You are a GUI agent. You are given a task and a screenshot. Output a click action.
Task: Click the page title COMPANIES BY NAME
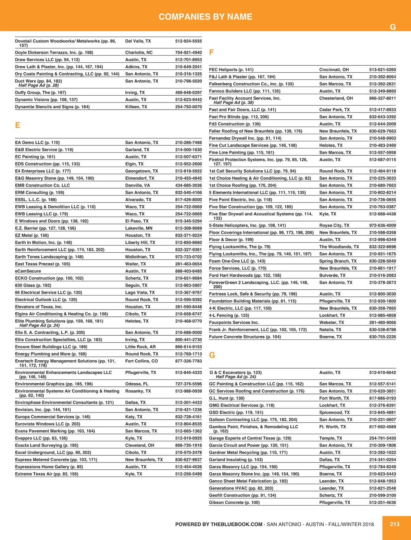click(x=205, y=17)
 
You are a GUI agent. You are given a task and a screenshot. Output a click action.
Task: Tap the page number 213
click(x=395, y=524)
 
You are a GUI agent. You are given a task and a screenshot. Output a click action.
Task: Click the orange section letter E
click(x=17, y=125)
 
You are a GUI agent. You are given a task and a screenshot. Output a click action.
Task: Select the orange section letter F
click(x=211, y=52)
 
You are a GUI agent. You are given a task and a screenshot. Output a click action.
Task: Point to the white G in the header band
click(x=393, y=27)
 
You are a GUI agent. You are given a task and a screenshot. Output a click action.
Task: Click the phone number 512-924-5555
click(x=188, y=41)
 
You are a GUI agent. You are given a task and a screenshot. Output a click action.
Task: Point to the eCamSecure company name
click(x=28, y=271)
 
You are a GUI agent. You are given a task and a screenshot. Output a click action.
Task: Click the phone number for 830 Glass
click(x=188, y=285)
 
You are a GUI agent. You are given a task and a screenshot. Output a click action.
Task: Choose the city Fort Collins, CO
click(x=141, y=361)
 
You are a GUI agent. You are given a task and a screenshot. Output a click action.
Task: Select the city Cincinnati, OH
click(x=334, y=70)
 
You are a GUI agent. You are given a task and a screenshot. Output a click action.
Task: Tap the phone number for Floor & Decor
click(x=382, y=240)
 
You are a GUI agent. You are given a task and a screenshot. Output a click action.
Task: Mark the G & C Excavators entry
click(x=236, y=372)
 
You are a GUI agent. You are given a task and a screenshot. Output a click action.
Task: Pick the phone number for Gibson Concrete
click(x=382, y=502)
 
